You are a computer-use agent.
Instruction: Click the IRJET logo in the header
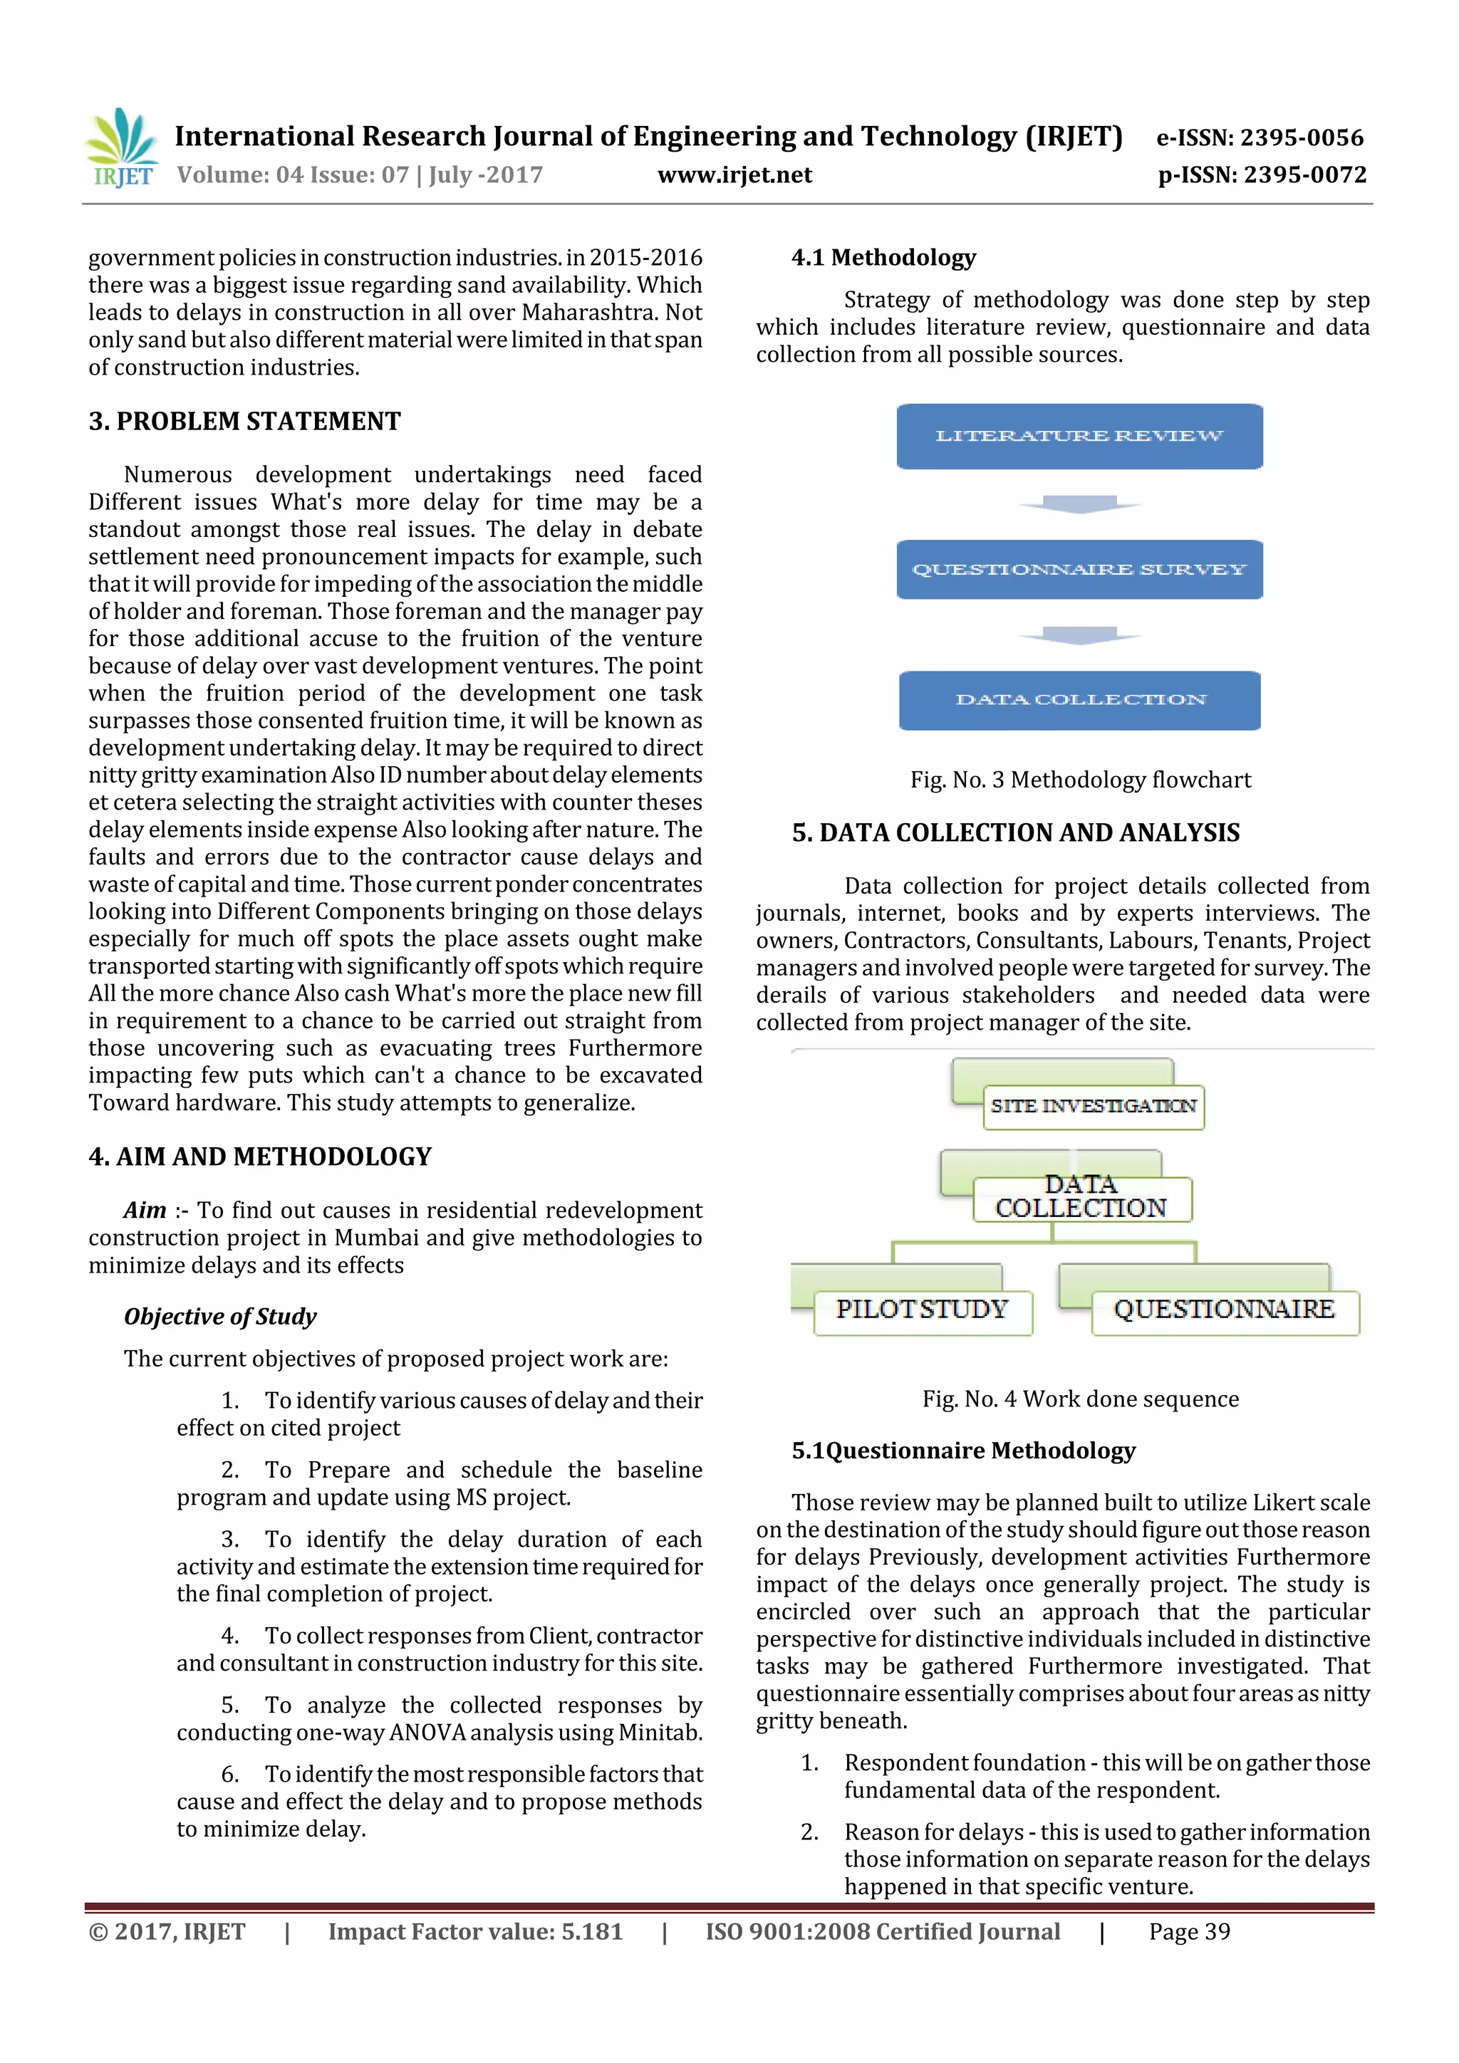120,148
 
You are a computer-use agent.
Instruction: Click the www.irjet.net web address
734,175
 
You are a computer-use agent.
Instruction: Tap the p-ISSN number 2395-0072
1304,175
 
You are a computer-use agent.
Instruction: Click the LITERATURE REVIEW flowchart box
1079,437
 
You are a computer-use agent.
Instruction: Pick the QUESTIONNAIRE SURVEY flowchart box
1079,570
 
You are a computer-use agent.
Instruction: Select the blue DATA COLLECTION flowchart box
1079,700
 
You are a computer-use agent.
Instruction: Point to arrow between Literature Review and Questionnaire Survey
1079,504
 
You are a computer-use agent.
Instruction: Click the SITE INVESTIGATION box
1092,1106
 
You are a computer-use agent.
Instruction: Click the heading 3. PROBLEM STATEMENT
244,422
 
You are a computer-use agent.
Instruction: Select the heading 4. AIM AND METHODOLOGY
260,1156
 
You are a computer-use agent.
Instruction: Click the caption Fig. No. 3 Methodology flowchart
1079,780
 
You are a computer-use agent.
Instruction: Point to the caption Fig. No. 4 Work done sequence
1079,1399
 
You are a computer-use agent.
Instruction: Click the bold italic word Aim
145,1211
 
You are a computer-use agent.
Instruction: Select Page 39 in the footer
1188,1932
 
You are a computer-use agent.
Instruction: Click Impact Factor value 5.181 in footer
474,1932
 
